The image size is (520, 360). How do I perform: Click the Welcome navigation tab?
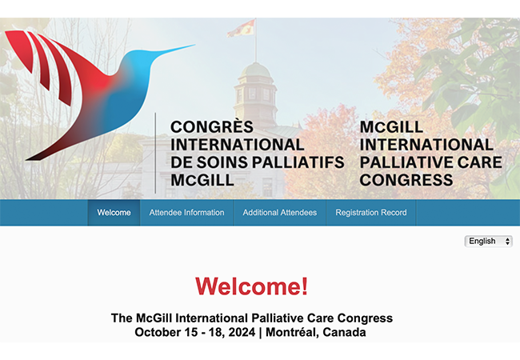(x=114, y=213)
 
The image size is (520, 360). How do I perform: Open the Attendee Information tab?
(x=186, y=213)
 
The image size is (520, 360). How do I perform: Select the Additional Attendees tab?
(x=280, y=213)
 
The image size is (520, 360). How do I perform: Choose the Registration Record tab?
(x=370, y=213)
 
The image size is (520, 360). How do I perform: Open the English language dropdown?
(x=488, y=241)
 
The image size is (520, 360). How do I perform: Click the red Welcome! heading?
(x=251, y=286)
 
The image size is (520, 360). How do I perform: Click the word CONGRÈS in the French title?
(x=212, y=127)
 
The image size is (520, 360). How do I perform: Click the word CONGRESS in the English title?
(x=406, y=180)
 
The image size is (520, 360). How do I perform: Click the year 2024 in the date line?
(x=237, y=332)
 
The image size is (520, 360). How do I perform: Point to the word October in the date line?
(x=158, y=332)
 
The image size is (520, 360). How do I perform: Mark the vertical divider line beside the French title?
(x=155, y=152)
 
